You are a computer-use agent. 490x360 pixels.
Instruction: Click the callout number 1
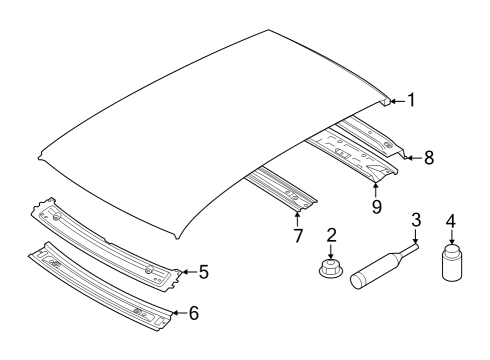(x=412, y=100)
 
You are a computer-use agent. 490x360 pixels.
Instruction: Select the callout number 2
(x=331, y=235)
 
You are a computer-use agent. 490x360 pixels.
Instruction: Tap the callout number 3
(x=416, y=220)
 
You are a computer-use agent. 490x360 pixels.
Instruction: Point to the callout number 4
(x=451, y=221)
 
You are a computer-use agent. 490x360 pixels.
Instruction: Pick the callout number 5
(x=204, y=272)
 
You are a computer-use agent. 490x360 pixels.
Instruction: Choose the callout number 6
(x=194, y=313)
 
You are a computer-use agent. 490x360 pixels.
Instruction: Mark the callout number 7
(x=298, y=235)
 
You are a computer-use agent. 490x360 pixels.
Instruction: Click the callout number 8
(x=429, y=158)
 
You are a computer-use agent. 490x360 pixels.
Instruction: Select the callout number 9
(x=377, y=207)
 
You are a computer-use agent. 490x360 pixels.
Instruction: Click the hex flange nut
(x=331, y=269)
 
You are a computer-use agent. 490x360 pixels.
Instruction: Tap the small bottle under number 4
(x=452, y=262)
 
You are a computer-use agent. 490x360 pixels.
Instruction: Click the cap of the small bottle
(x=452, y=249)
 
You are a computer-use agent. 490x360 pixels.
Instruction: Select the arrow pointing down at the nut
(x=331, y=251)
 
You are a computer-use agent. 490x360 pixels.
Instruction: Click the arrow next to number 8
(x=414, y=158)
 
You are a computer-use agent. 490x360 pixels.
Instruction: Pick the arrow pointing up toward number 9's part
(x=376, y=190)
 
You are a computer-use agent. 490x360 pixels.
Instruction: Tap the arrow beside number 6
(x=179, y=313)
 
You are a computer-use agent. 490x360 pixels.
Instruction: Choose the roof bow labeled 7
(x=281, y=189)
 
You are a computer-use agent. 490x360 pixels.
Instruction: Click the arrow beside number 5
(x=189, y=272)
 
